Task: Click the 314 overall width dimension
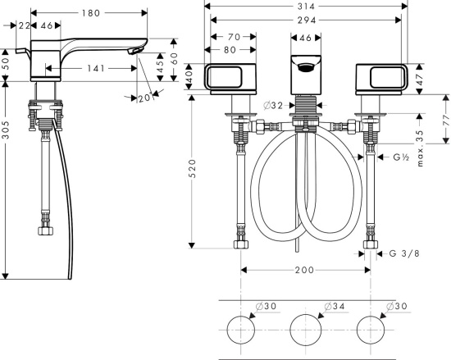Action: [306, 7]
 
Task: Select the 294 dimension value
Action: [307, 21]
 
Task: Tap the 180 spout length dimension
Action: [90, 13]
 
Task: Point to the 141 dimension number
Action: [96, 68]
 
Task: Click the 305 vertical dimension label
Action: [6, 130]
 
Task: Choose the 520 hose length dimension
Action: [192, 168]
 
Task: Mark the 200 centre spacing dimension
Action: [304, 270]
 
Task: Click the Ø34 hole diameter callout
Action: [335, 306]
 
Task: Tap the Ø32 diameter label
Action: [273, 106]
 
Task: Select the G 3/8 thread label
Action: [404, 253]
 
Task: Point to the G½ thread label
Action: [401, 157]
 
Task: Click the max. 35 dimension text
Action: [420, 148]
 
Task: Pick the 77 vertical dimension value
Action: [446, 121]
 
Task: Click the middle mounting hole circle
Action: [306, 330]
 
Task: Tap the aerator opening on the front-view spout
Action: [306, 67]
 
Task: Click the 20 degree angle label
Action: [144, 98]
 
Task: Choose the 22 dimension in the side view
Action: [24, 25]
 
